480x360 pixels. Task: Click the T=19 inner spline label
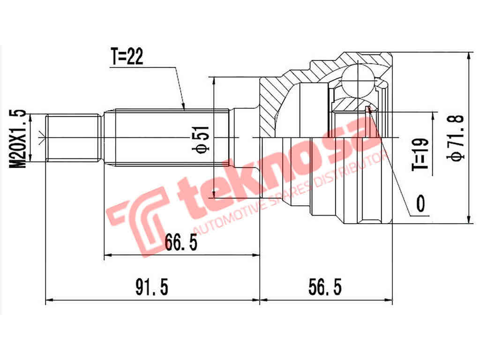coord(421,154)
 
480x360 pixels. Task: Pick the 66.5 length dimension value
coord(180,243)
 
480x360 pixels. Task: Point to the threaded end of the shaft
coord(74,138)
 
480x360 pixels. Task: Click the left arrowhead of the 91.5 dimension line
coord(48,300)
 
